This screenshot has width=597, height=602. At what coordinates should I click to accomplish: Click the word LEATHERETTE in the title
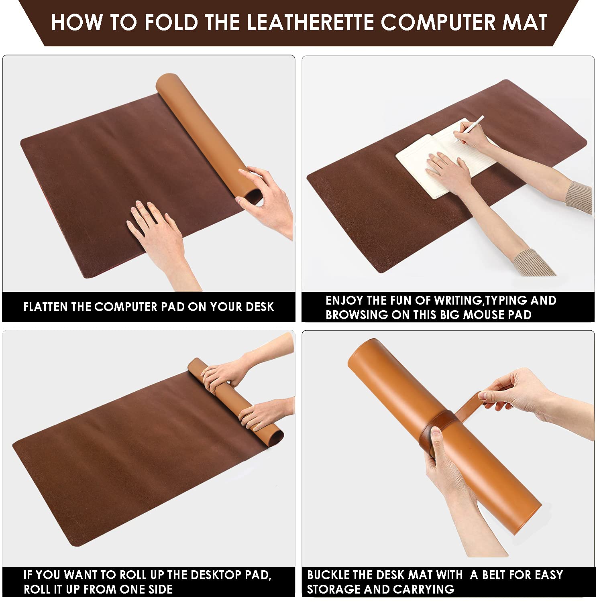310,22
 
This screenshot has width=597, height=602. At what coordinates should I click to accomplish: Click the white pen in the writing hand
469,128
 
